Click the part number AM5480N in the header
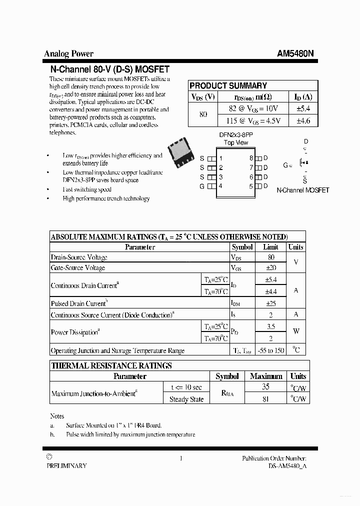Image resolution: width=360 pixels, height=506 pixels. (295, 53)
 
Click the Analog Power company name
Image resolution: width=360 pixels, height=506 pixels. (68, 53)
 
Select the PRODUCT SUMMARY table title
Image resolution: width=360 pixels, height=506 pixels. (228, 85)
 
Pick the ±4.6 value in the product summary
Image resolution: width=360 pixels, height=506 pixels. (303, 120)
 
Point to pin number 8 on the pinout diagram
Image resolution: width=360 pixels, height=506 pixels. (251, 158)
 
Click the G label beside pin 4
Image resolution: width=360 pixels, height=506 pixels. (202, 186)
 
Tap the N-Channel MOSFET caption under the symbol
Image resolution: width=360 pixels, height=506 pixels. (302, 190)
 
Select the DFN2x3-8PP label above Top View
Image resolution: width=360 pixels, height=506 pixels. (236, 135)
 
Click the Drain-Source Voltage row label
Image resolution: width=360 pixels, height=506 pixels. (79, 257)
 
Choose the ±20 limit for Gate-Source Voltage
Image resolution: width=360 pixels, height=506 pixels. (270, 268)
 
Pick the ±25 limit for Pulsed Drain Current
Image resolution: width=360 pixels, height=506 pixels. (270, 303)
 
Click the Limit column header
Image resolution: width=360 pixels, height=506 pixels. (270, 247)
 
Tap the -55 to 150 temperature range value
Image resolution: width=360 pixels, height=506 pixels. (270, 350)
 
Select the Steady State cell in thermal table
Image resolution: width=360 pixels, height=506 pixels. (186, 399)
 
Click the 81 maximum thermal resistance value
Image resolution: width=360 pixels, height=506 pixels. (266, 399)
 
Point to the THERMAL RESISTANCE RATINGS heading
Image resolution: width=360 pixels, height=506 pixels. (111, 365)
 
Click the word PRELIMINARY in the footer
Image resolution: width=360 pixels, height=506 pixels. (66, 465)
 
